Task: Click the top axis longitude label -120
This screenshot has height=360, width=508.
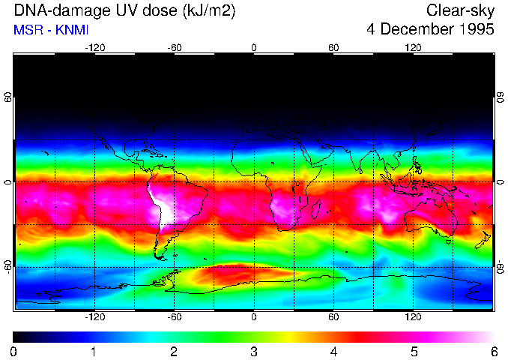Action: click(94, 47)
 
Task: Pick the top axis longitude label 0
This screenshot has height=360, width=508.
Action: click(254, 47)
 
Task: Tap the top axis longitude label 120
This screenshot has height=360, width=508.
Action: click(413, 47)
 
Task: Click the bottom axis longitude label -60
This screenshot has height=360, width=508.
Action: click(175, 316)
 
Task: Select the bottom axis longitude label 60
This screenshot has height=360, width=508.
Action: click(333, 316)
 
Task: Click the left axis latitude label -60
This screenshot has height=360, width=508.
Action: click(8, 267)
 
